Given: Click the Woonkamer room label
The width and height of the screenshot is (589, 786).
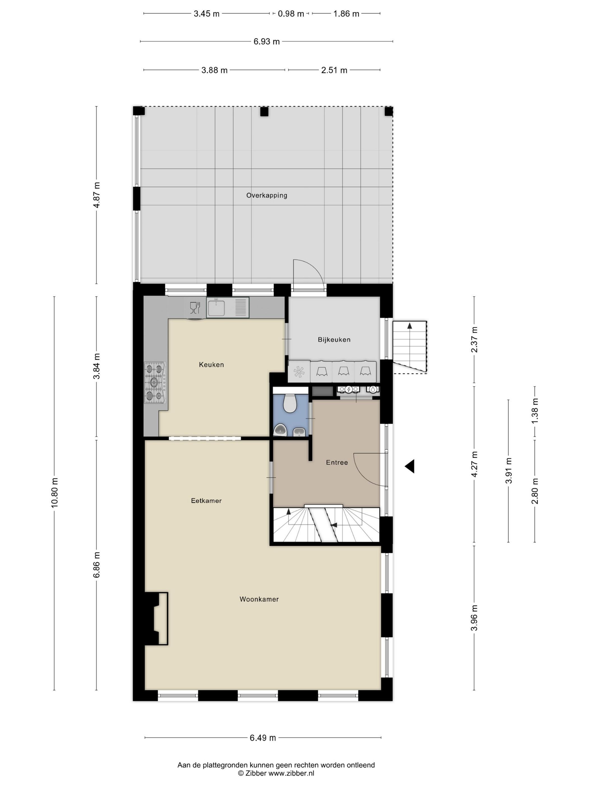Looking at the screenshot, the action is (259, 599).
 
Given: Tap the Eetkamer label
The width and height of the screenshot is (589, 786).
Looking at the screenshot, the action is (206, 501).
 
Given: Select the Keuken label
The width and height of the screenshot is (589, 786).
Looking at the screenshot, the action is (211, 365).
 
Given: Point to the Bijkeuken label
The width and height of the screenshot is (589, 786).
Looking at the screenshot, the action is (334, 340).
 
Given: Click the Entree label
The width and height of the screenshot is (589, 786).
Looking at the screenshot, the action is (337, 462).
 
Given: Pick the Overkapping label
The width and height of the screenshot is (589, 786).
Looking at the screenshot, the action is (267, 195).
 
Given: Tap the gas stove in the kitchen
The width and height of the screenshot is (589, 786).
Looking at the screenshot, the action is (155, 383).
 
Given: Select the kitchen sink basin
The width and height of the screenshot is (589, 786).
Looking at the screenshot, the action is (216, 308).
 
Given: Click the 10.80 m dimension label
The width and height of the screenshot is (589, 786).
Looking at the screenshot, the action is (54, 492).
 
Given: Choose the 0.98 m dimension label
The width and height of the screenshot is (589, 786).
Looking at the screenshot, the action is (291, 14).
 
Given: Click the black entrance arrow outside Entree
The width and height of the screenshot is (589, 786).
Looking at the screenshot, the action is (410, 466).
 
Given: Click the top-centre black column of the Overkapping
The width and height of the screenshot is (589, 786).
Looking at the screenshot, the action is (264, 111).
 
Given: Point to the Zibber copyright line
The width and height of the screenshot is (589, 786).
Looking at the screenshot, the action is (276, 773).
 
